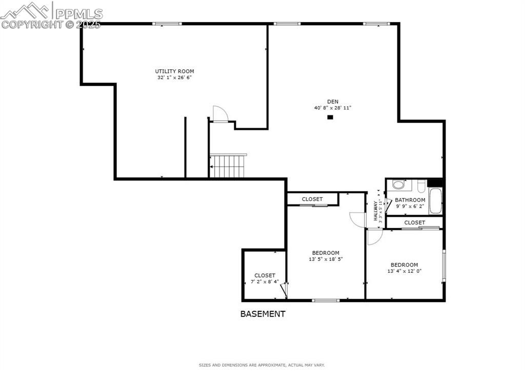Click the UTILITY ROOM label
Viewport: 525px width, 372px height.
[x=174, y=71]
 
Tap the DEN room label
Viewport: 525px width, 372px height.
[x=333, y=101]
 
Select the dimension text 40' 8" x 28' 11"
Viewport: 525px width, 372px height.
[x=333, y=108]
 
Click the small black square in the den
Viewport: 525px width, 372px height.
[x=330, y=117]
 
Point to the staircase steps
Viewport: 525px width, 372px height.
[x=230, y=166]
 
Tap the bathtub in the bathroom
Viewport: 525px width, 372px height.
[x=435, y=201]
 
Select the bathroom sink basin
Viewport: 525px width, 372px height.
[x=398, y=184]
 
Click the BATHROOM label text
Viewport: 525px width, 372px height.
[x=410, y=200]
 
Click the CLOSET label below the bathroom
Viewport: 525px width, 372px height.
[x=414, y=222]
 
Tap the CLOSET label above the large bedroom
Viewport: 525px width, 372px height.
[x=312, y=199]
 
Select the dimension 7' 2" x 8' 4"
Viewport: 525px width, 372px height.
[x=265, y=282]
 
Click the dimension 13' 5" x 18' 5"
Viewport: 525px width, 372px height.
[x=326, y=259]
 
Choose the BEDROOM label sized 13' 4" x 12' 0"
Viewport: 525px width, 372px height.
[x=404, y=265]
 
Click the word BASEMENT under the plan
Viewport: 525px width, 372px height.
[x=262, y=314]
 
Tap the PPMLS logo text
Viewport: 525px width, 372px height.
[x=79, y=13]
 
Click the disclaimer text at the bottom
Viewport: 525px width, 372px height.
[x=261, y=365]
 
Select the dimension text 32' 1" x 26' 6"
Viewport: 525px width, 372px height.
[x=174, y=78]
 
